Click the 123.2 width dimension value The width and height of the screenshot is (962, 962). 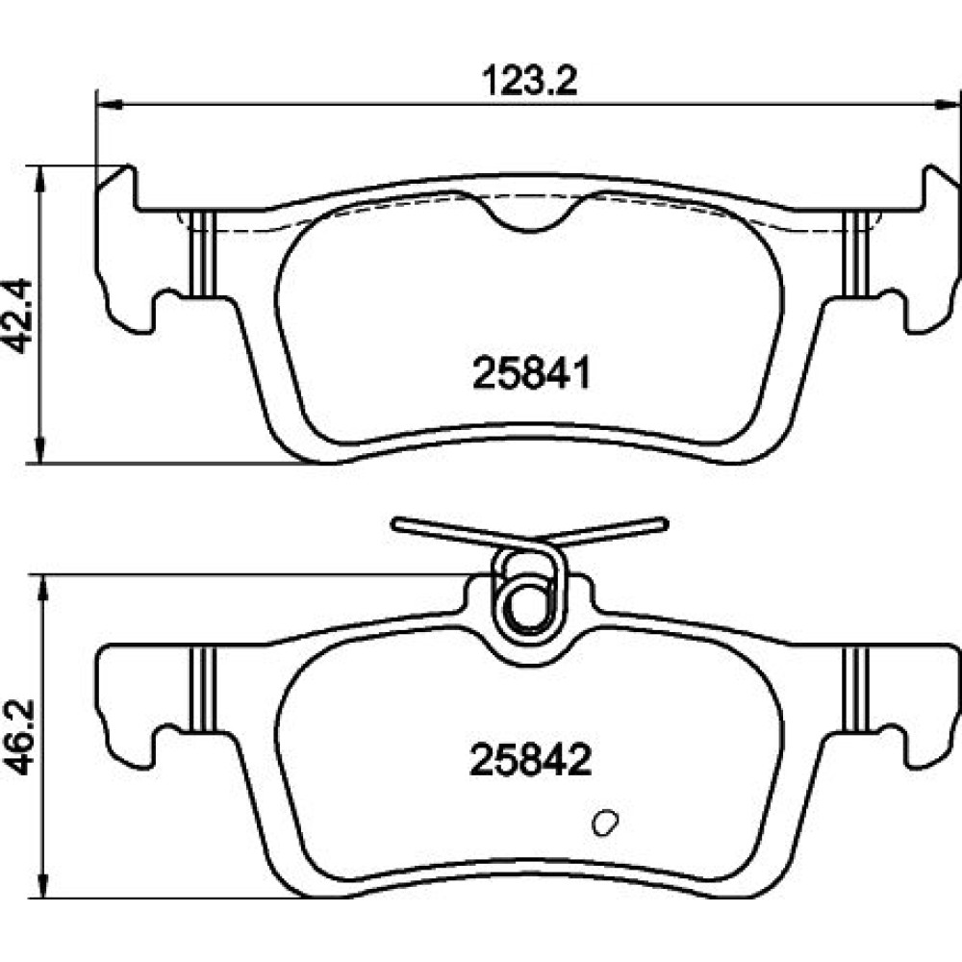pos(530,81)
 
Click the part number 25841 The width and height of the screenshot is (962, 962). pos(531,373)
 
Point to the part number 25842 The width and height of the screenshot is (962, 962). pos(530,760)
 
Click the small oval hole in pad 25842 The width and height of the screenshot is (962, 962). pos(605,823)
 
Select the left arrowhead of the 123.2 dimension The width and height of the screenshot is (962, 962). pos(110,106)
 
